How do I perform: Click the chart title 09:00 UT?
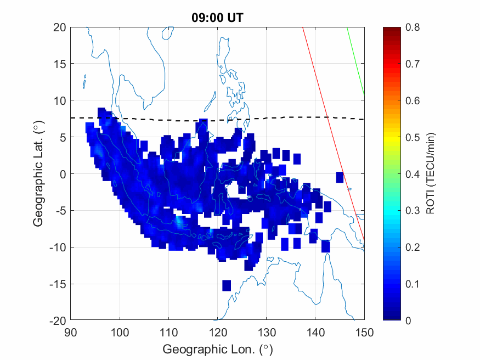point(217,18)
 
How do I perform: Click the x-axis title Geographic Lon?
point(217,349)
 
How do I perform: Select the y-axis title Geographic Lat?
point(38,174)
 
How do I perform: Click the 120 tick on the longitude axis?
point(218,333)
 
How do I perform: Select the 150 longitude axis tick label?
point(365,333)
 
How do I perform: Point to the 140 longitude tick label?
point(316,333)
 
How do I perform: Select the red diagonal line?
point(329,126)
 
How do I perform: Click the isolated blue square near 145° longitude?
point(340,177)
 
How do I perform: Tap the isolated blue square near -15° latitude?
point(227,285)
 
